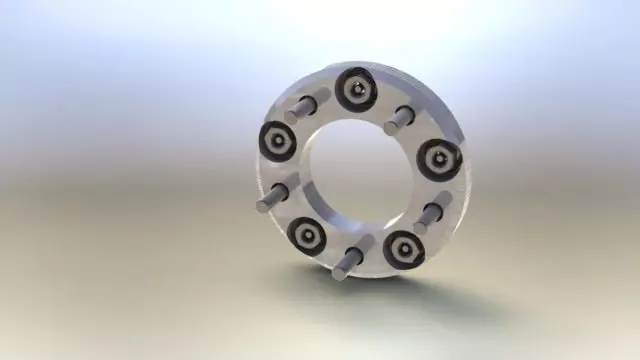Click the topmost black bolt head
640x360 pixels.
click(356, 90)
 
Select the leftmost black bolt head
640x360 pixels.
click(277, 141)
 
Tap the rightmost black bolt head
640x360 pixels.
click(439, 158)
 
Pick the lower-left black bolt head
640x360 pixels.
click(306, 236)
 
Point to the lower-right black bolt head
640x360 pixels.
click(403, 248)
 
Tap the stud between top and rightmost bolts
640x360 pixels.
click(399, 119)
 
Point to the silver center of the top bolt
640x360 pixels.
click(356, 90)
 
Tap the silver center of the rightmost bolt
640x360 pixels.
click(439, 158)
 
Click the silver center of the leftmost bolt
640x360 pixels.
click(277, 141)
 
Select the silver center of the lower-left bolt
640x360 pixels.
click(306, 236)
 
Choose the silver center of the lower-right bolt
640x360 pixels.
click(403, 248)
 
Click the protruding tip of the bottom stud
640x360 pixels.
click(341, 271)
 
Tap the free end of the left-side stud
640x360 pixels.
click(264, 203)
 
